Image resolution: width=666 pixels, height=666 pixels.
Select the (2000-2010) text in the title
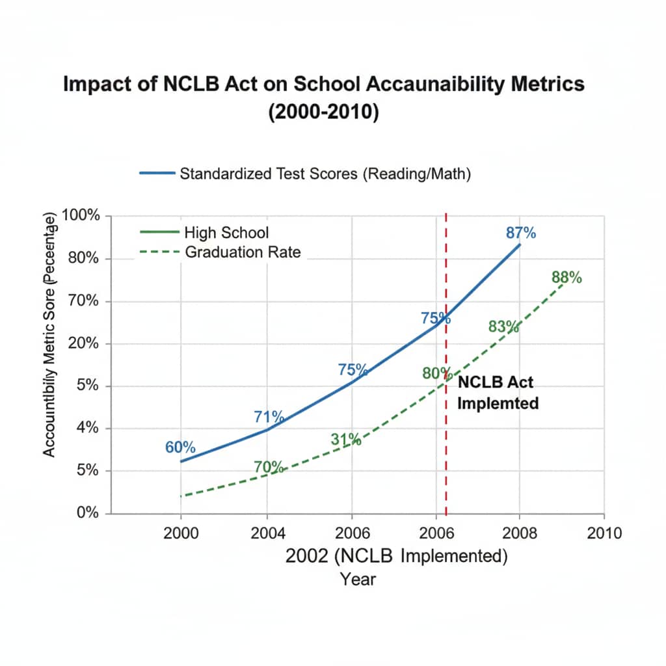click(x=323, y=111)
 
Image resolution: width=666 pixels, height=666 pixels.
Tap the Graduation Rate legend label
click(x=243, y=252)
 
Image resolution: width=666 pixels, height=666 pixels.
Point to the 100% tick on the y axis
click(x=80, y=217)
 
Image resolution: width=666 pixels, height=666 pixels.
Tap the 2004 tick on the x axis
click(x=267, y=533)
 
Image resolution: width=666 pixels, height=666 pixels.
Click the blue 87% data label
click(x=520, y=233)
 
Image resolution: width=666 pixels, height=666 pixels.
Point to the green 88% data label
click(x=566, y=278)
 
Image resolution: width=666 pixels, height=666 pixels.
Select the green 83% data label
click(x=504, y=326)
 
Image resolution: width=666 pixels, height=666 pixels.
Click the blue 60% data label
click(x=180, y=447)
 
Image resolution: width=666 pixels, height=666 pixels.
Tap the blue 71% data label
click(x=269, y=417)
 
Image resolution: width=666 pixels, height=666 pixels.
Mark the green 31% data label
click(x=345, y=439)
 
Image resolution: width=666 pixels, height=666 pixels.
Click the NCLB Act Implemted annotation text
click(x=498, y=392)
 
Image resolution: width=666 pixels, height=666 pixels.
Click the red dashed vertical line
click(x=446, y=455)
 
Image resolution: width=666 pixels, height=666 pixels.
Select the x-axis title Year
click(x=358, y=578)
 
